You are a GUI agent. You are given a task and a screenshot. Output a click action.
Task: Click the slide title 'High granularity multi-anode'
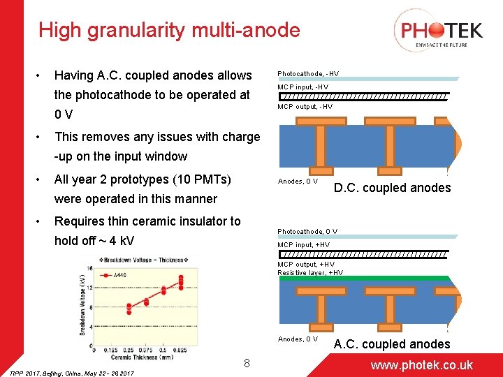pyautogui.click(x=169, y=30)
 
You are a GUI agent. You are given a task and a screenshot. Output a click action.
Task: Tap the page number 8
pyautogui.click(x=247, y=363)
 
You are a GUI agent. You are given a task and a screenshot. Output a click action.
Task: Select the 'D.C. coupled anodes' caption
pyautogui.click(x=392, y=187)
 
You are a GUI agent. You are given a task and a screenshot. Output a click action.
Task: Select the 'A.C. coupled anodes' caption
pyautogui.click(x=392, y=343)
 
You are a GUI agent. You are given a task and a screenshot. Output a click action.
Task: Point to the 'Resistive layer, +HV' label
pyautogui.click(x=310, y=272)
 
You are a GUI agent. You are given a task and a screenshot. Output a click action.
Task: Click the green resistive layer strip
pyautogui.click(x=363, y=279)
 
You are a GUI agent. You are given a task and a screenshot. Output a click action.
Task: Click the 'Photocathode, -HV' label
pyautogui.click(x=308, y=73)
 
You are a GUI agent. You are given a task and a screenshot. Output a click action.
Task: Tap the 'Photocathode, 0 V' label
pyautogui.click(x=307, y=231)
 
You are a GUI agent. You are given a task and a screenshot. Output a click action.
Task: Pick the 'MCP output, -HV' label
pyautogui.click(x=305, y=107)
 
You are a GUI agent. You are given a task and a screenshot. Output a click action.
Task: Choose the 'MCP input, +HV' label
pyautogui.click(x=304, y=244)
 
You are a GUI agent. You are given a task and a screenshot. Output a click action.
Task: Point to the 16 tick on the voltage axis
pyautogui.click(x=89, y=267)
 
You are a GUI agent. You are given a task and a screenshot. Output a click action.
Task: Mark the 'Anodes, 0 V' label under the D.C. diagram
pyautogui.click(x=298, y=182)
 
